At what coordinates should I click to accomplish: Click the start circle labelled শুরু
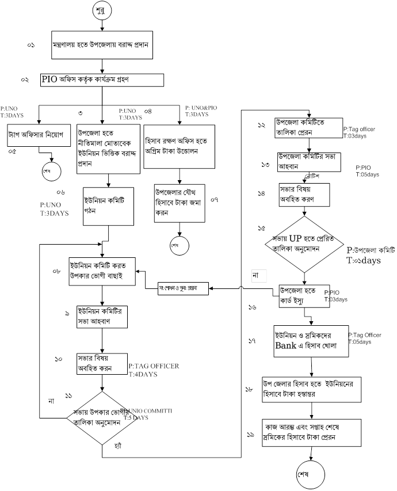[102, 11]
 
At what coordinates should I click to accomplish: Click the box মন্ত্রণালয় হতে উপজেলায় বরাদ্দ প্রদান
[102, 44]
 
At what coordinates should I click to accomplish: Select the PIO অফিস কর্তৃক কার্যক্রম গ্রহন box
[102, 79]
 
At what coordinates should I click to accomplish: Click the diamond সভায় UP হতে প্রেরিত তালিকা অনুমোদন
[304, 243]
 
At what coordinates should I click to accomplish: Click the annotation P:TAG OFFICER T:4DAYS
[154, 370]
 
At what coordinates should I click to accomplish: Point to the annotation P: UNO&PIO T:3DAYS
[202, 111]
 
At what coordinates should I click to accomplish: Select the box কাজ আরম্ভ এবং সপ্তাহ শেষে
[311, 432]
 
